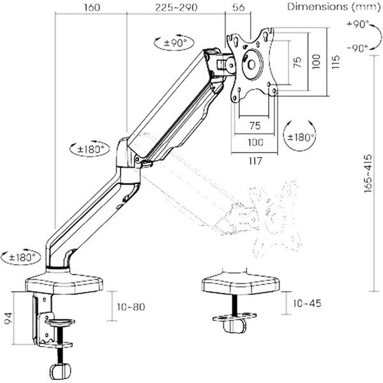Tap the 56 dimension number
(239, 8)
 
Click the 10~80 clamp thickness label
(132, 308)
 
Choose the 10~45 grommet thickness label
(306, 303)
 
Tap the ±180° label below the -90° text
(299, 137)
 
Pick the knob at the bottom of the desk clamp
(59, 371)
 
